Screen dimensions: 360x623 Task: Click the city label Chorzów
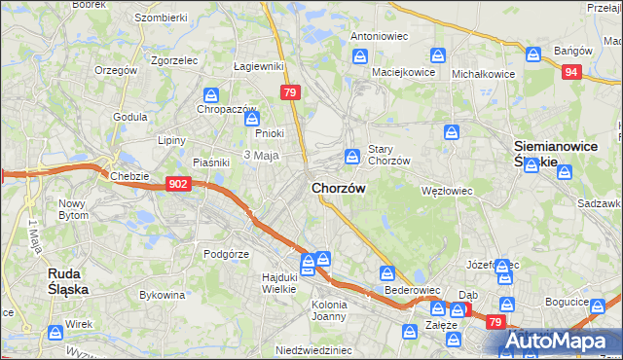coord(339,188)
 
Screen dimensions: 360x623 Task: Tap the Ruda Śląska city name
coord(69,281)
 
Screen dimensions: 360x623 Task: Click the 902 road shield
coord(177,184)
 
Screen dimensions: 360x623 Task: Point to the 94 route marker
coord(571,71)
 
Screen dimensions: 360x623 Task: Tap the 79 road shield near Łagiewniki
coord(289,92)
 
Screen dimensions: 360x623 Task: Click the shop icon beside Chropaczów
coord(211,95)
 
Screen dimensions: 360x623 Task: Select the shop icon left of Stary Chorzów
coord(351,156)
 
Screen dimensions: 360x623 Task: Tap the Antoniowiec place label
coord(378,36)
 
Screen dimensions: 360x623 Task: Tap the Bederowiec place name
coord(413,290)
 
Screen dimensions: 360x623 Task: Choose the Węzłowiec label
coord(447,192)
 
